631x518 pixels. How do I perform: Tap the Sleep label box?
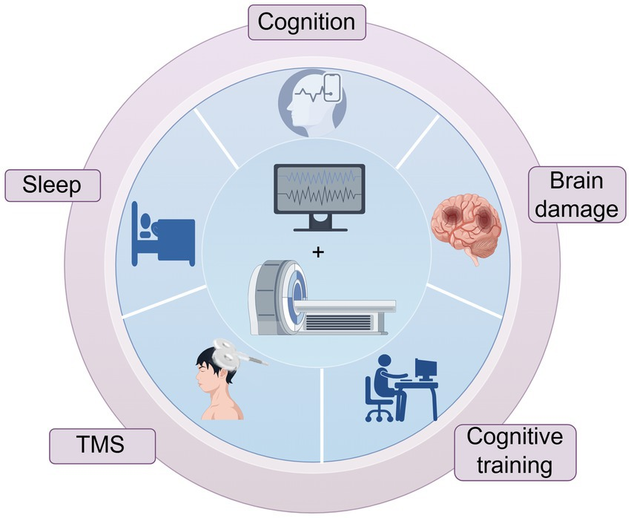[x=53, y=184]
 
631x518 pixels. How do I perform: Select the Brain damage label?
[x=576, y=194]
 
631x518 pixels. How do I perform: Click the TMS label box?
[x=102, y=446]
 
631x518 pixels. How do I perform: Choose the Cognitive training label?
[x=515, y=451]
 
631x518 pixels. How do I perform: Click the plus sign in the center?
[x=319, y=253]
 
